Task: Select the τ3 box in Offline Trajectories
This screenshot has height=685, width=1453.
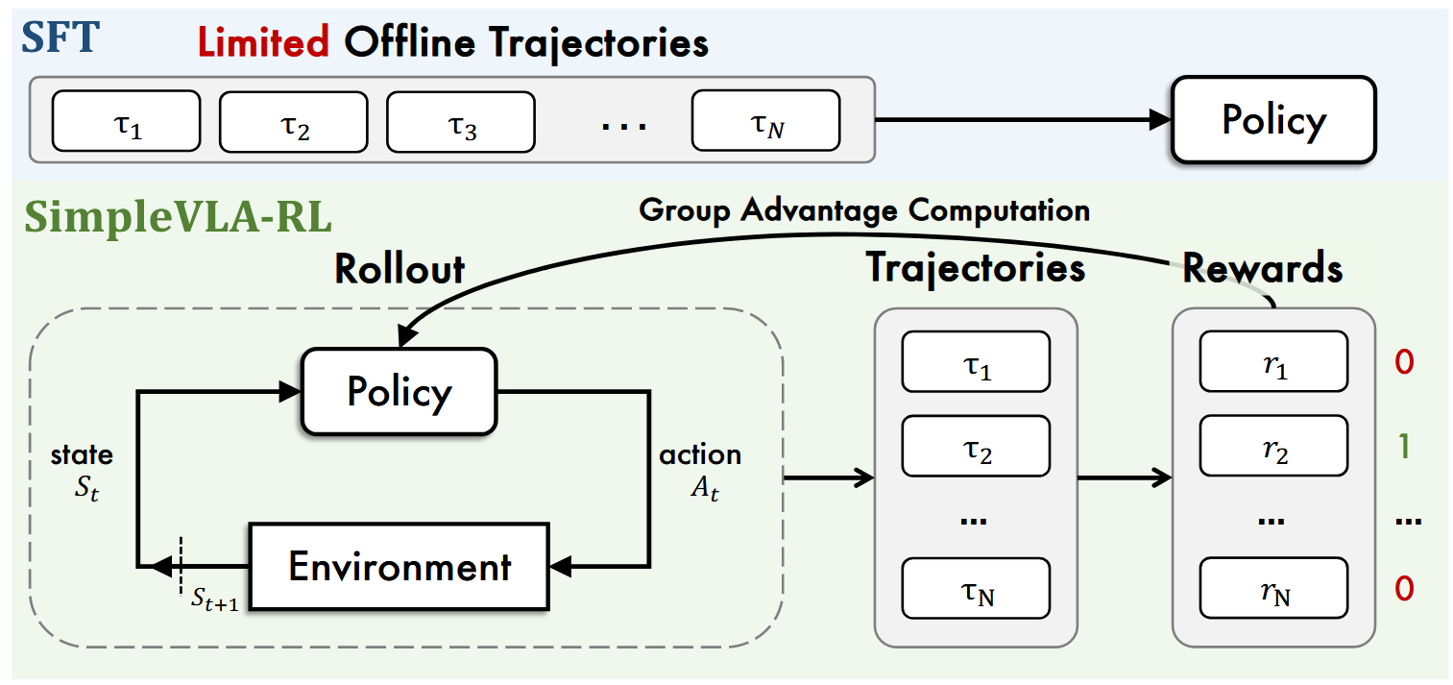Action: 460,122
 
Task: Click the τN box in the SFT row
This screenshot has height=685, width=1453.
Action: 765,122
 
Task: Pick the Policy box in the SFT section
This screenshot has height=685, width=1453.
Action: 1272,120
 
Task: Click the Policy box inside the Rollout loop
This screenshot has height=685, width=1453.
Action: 399,391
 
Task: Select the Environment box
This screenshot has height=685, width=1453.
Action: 399,567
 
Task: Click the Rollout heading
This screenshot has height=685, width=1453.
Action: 400,269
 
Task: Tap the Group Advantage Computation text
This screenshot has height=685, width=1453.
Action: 864,208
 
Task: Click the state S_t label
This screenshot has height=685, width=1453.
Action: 82,471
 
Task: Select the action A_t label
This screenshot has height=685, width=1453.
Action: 699,471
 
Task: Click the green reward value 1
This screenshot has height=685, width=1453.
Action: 1403,448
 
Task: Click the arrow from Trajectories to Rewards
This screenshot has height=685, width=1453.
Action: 1124,477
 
